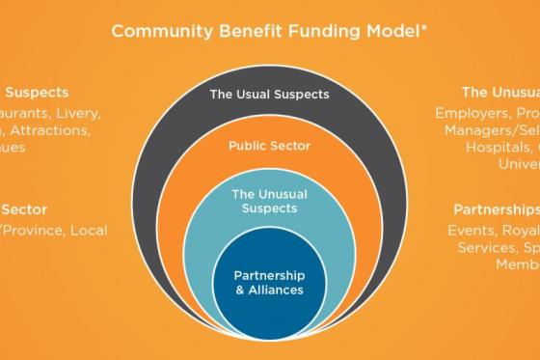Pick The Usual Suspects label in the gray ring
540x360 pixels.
pos(270,95)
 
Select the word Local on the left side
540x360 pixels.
pos(87,230)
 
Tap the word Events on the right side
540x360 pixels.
pos(471,230)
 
